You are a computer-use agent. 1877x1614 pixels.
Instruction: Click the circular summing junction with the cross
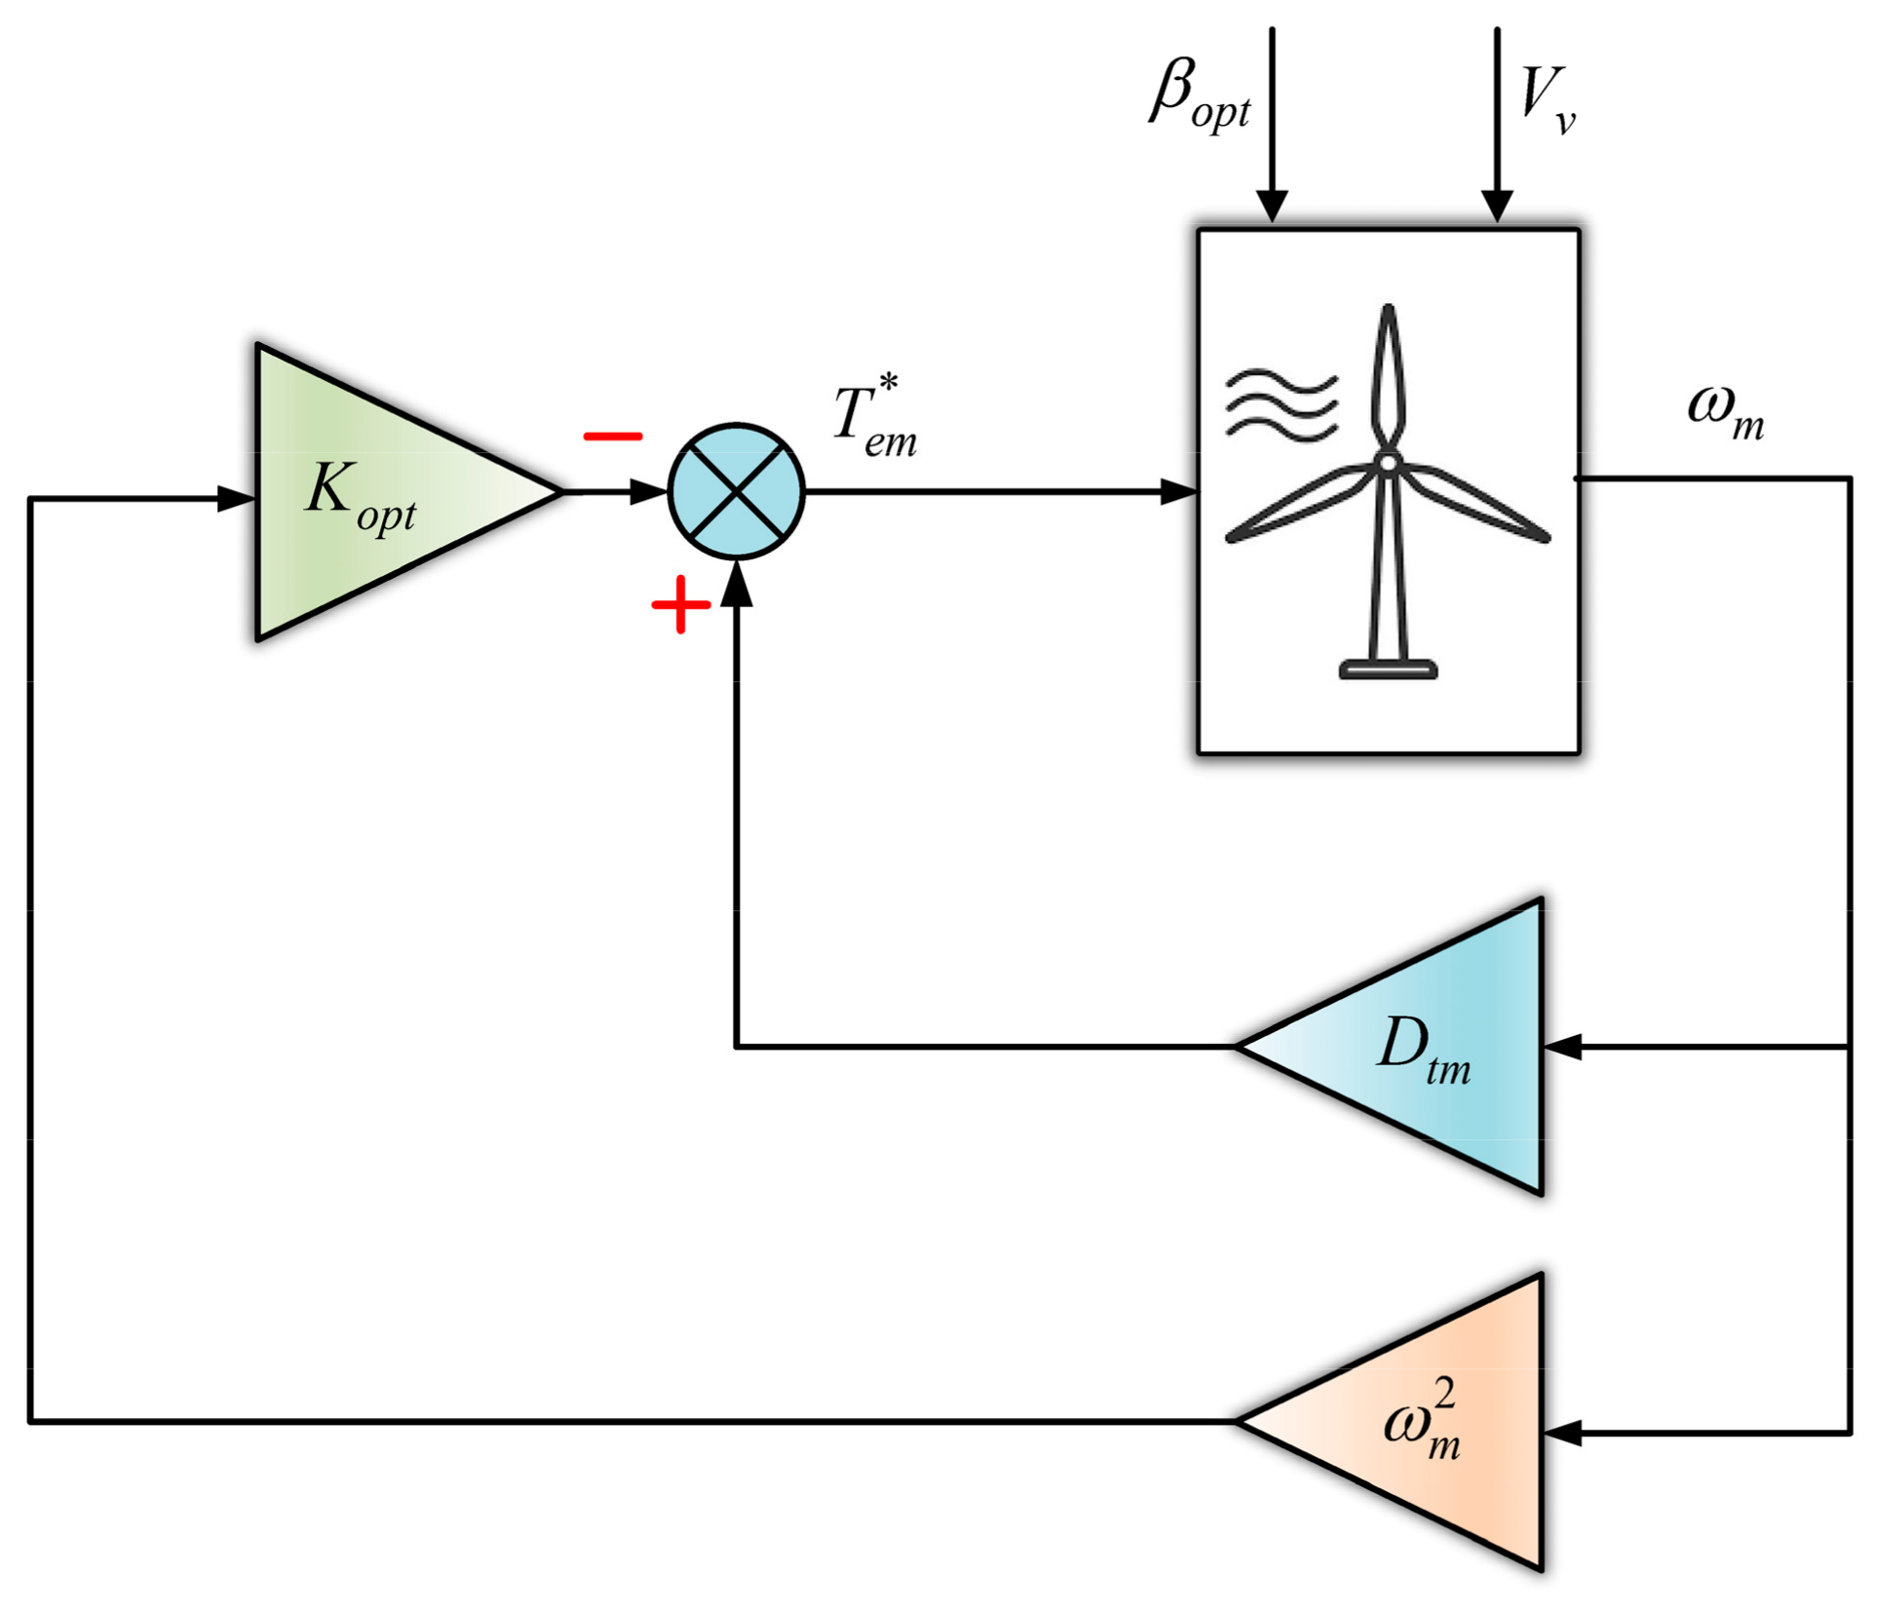(737, 492)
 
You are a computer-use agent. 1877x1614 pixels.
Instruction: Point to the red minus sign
(612, 437)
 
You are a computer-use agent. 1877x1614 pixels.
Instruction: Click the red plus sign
(680, 605)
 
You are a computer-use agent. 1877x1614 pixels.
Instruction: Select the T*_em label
(874, 419)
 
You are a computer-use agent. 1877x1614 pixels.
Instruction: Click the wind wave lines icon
(1281, 404)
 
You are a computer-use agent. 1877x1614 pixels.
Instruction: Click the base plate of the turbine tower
(1388, 669)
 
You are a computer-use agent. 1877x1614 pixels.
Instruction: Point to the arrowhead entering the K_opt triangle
(236, 499)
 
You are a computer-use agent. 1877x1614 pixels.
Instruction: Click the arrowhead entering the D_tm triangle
(1563, 1047)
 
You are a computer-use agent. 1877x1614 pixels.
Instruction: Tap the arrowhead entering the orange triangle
(1563, 1433)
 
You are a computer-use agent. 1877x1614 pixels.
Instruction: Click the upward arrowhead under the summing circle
(737, 585)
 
